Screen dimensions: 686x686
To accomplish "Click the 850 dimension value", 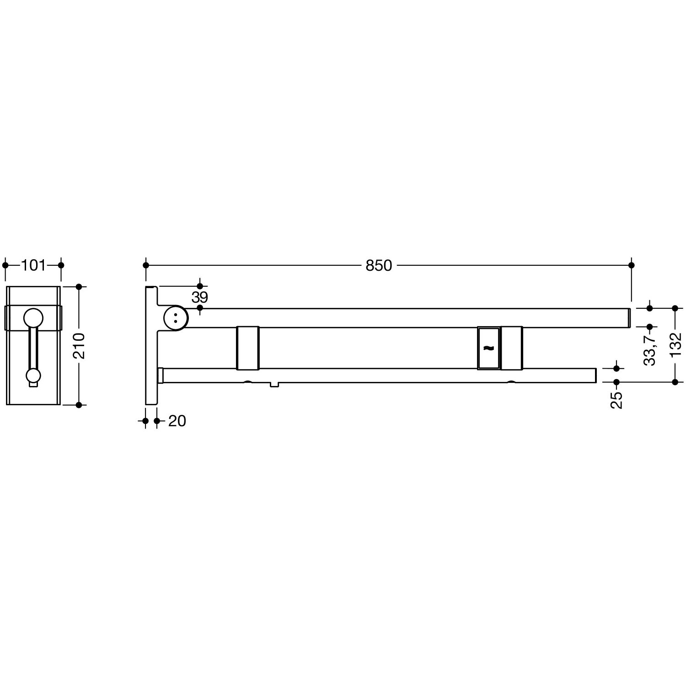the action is pyautogui.click(x=379, y=265).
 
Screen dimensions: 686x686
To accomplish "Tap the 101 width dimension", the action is pyautogui.click(x=33, y=265).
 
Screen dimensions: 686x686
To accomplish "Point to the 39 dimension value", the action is pyautogui.click(x=200, y=297).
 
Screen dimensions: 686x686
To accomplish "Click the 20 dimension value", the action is pyautogui.click(x=177, y=421).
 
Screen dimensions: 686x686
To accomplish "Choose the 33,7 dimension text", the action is pyautogui.click(x=650, y=349).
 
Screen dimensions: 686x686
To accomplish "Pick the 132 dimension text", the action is pyautogui.click(x=675, y=345).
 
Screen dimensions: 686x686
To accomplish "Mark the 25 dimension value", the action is pyautogui.click(x=616, y=400).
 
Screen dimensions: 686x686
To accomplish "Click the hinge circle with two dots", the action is pyautogui.click(x=175, y=317).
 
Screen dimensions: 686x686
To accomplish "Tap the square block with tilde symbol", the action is pyautogui.click(x=488, y=348).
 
